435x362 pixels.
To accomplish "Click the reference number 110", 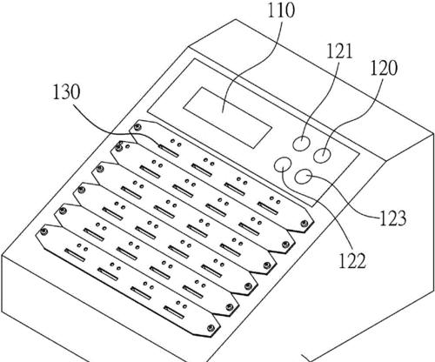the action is coord(280,10).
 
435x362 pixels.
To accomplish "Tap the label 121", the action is coord(339,51).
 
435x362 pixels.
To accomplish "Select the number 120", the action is coord(384,68).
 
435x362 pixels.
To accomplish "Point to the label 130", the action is coord(66,92).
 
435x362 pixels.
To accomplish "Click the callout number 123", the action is coord(392,218).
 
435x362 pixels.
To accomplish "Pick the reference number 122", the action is coord(352,260).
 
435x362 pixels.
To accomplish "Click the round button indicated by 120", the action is coord(322,155).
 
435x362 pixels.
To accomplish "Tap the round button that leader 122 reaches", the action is coord(283,164).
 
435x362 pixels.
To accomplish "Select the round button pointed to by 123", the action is coord(304,177).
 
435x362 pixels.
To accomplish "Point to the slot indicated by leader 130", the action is coord(168,151).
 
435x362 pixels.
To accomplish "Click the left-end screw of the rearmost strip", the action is coord(137,127).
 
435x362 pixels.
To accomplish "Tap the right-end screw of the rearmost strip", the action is coord(304,224).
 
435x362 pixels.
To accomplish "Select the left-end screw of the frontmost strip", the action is coord(44,231).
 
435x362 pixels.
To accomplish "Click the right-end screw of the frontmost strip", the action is coord(211,328).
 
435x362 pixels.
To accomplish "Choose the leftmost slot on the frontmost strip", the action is coord(75,255).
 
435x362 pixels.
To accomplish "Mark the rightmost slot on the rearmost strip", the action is coord(267,208).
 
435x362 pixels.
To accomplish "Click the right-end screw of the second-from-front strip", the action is coord(230,307).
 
